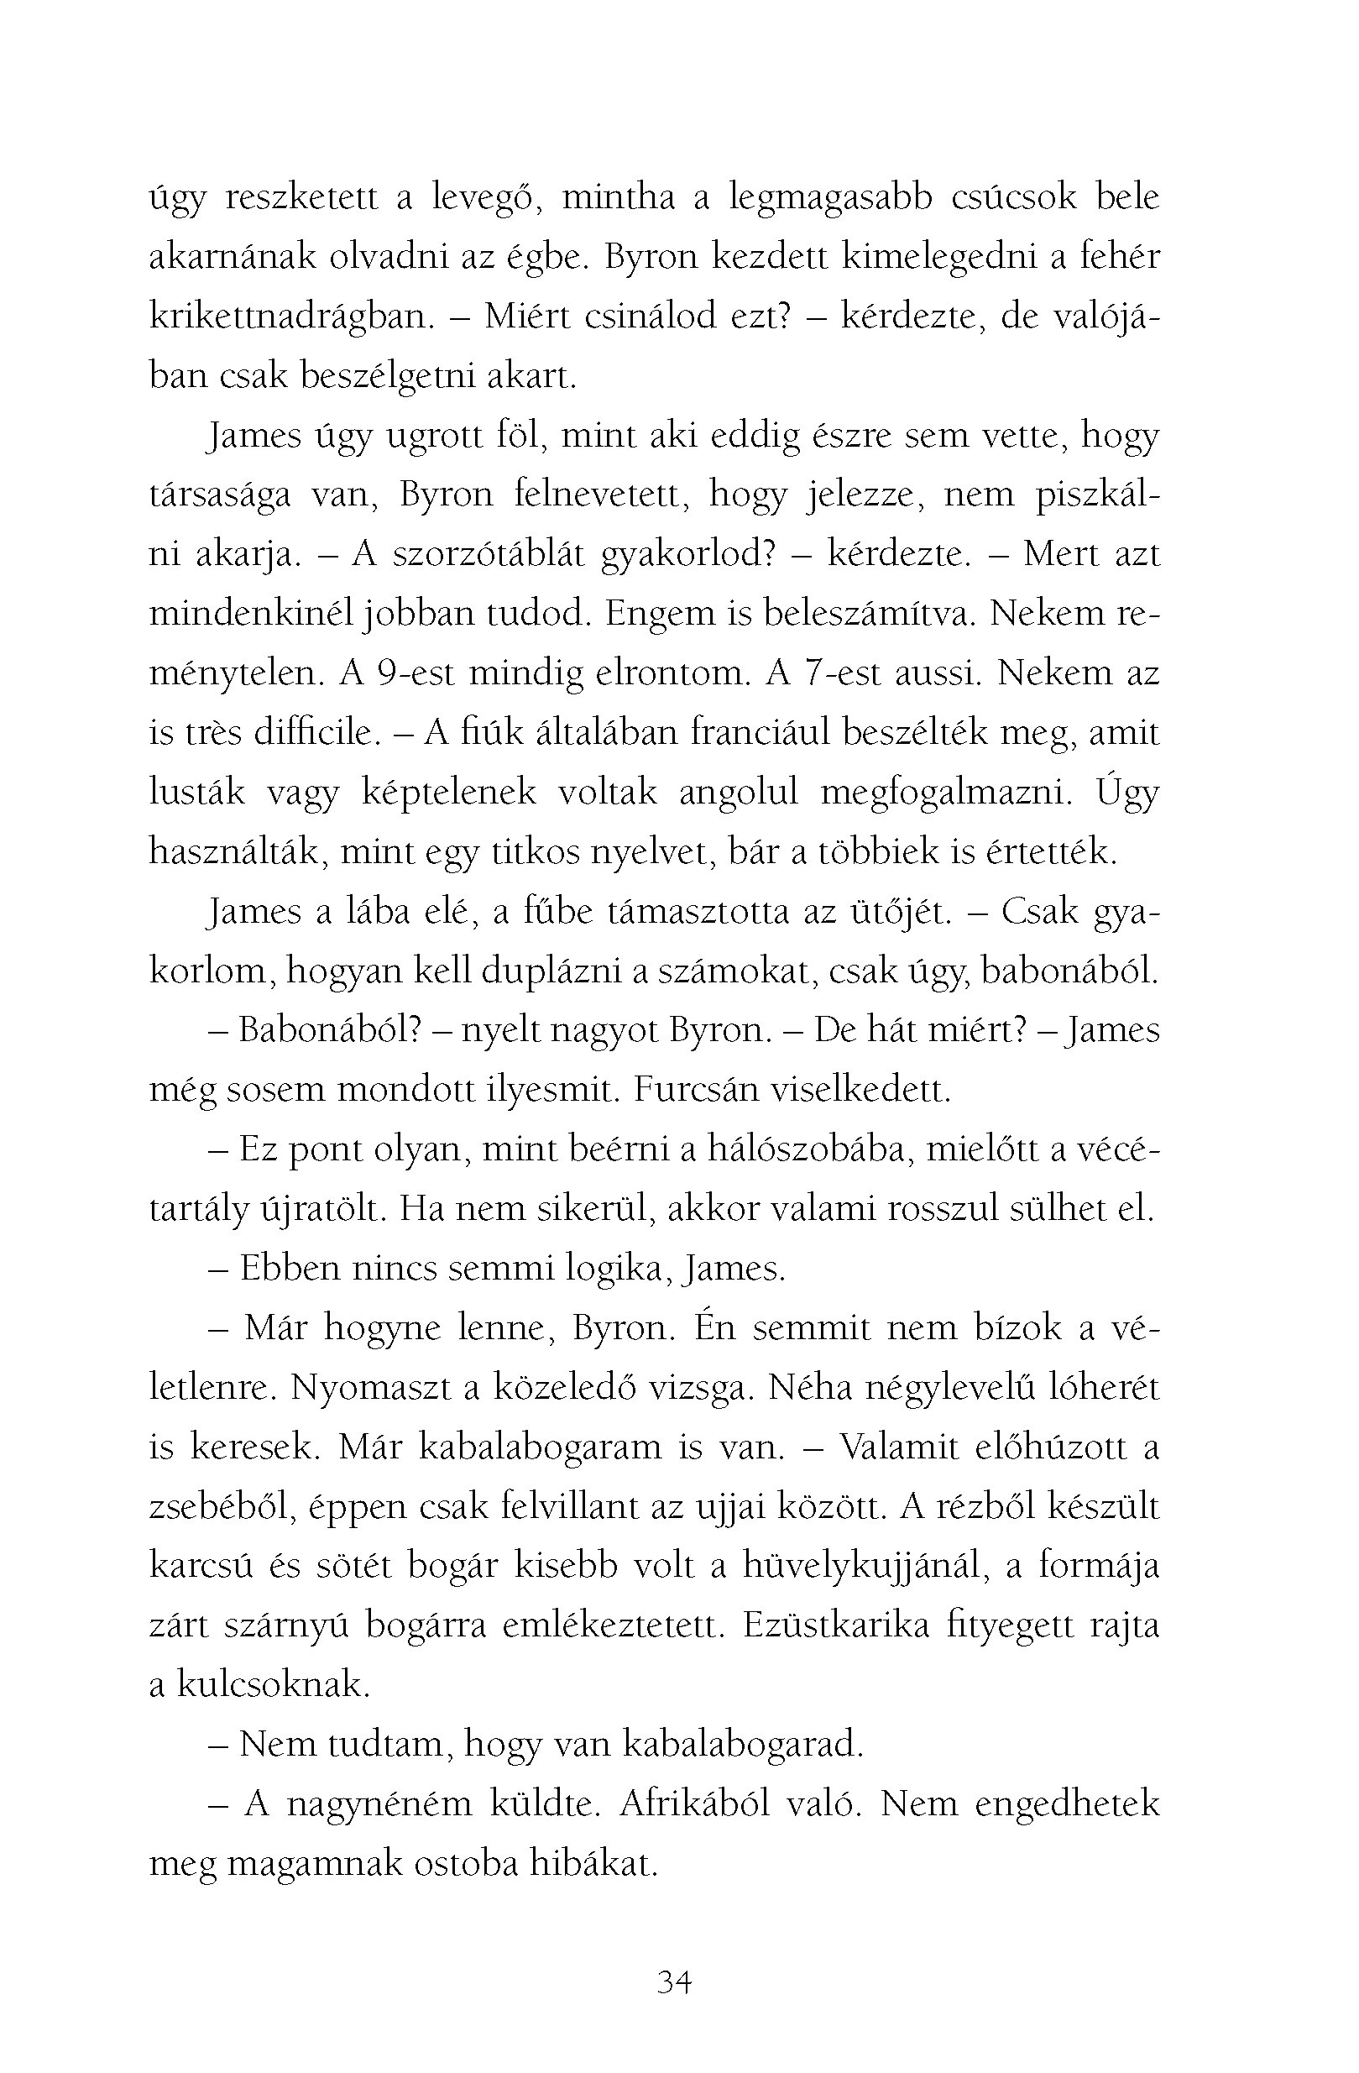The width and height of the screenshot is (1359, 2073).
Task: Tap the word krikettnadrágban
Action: click(x=291, y=317)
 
